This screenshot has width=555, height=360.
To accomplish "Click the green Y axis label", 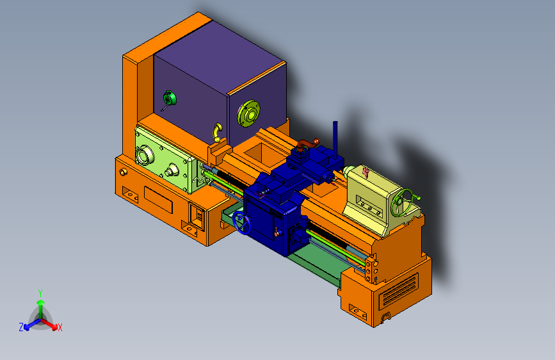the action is coord(40,293).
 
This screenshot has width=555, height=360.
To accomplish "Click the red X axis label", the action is coord(60,327).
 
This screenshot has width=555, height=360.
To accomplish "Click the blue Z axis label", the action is coord(21,327).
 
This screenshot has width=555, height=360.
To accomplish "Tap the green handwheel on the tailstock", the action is coord(402,202).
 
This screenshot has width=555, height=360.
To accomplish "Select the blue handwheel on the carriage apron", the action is coord(242,223).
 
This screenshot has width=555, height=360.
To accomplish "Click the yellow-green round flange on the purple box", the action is coord(249,113).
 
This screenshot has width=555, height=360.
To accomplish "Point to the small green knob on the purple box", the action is coord(169,98).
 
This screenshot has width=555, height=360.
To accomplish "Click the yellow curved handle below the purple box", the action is coord(217,133).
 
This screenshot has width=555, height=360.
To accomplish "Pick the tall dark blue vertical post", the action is coord(335,140).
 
